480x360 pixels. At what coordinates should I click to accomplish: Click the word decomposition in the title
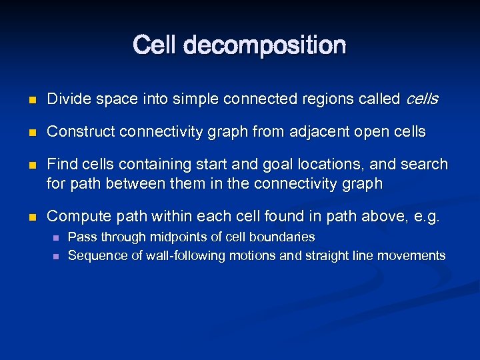(x=265, y=46)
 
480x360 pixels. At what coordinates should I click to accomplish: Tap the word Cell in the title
(x=155, y=45)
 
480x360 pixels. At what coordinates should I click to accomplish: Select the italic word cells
(x=422, y=99)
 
